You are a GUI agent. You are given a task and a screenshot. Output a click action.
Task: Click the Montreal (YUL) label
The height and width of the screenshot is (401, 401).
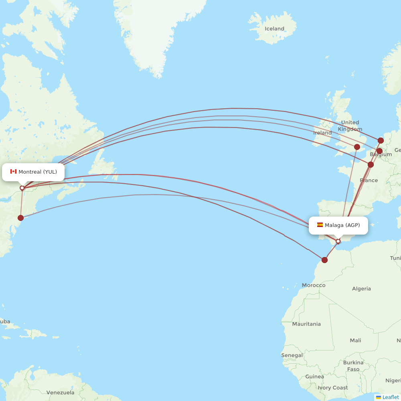coord(38,172)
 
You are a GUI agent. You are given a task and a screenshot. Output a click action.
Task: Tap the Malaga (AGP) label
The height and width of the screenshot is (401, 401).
coord(342,225)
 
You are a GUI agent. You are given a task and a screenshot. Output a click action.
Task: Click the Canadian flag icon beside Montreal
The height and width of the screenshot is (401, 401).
coord(13,172)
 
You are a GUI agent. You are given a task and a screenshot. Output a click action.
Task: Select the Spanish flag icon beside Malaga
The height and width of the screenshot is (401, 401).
coord(320,225)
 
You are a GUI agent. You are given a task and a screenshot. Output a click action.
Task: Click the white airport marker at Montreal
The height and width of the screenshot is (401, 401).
coord(22,188)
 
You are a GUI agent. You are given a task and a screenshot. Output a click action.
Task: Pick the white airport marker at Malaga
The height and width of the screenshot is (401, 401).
coord(338,241)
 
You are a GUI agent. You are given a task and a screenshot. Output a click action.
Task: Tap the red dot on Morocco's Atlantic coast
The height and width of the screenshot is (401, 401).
coord(324,260)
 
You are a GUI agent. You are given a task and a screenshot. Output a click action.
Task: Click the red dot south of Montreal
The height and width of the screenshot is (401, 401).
coord(20,218)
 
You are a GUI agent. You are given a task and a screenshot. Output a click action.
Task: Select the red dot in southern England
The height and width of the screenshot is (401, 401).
coord(357,147)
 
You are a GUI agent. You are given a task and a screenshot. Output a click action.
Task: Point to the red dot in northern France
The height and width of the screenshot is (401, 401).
coord(371,164)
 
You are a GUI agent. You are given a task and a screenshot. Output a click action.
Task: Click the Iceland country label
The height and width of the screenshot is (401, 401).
coord(274,29)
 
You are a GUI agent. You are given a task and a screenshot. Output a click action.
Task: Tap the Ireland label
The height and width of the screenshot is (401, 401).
coord(322,133)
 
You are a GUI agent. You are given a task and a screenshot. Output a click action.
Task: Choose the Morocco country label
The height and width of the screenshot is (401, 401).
coord(314,286)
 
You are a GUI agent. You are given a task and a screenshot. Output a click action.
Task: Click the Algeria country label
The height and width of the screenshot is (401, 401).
coord(361,289)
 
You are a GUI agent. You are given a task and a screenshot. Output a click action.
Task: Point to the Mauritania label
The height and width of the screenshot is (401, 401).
coord(306,324)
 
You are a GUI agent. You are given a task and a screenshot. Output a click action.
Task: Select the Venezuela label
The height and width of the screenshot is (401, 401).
coord(60,393)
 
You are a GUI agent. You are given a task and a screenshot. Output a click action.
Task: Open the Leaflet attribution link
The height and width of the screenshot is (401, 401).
coord(390,397)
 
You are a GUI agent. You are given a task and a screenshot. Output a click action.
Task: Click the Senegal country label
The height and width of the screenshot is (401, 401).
coord(292,355)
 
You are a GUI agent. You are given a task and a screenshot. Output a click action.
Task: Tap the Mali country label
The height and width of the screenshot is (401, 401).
coord(355,340)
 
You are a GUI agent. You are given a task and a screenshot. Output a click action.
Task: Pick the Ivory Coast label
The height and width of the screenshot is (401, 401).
coord(333,388)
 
